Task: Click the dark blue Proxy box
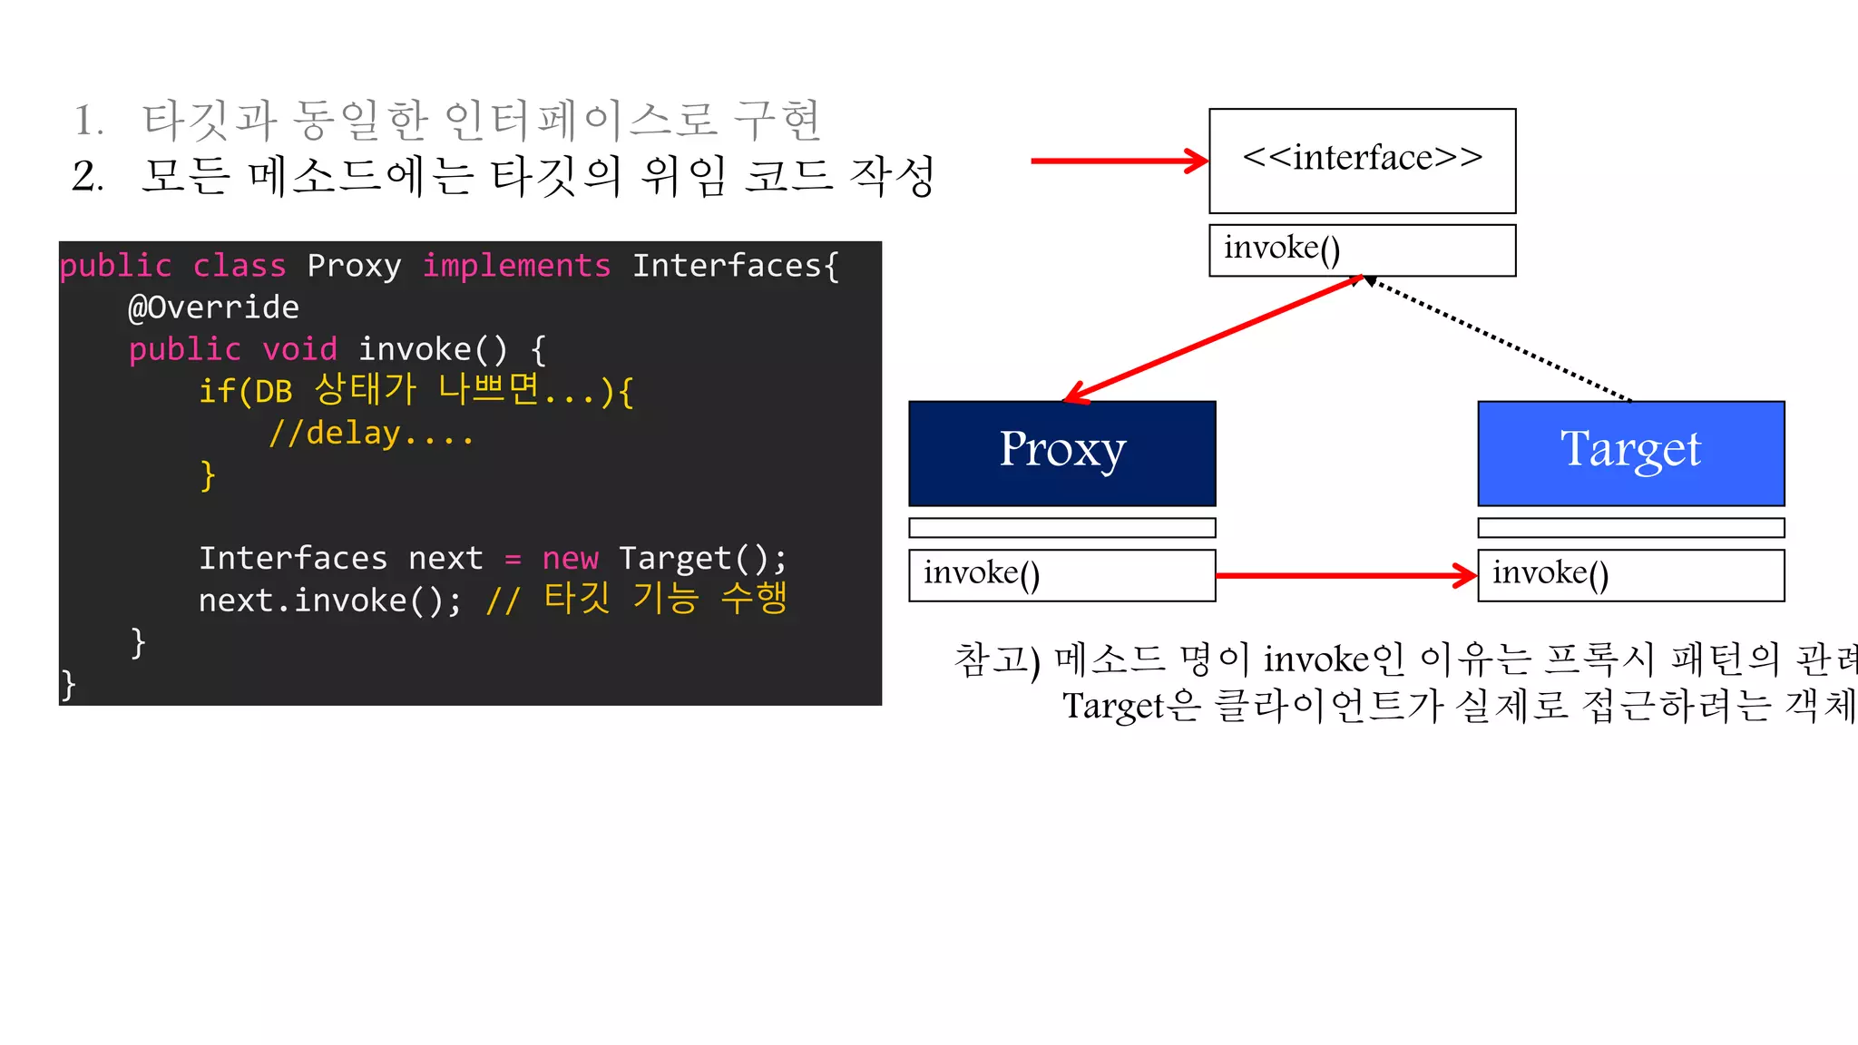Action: [1061, 453]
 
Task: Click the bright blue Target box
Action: [1630, 453]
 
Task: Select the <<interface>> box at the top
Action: [1362, 161]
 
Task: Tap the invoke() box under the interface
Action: [1362, 249]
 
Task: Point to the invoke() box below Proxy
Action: [1061, 574]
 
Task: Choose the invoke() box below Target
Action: [1630, 574]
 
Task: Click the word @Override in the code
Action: [214, 308]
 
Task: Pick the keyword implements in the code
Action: [516, 266]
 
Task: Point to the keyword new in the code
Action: [570, 558]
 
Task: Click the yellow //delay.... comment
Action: [371, 434]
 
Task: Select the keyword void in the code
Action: [299, 349]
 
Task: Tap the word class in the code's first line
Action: [240, 266]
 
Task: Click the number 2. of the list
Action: [88, 176]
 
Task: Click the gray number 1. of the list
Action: [88, 121]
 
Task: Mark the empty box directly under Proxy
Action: [1061, 527]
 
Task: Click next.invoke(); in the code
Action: [329, 601]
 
